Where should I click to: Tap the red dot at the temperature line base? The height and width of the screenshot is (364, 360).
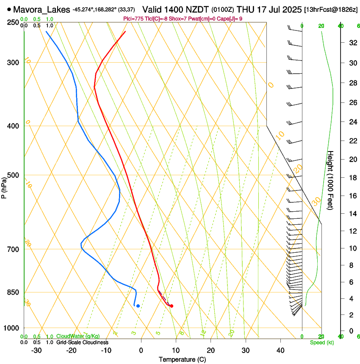[171, 306]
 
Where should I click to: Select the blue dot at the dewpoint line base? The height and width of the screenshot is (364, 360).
[138, 306]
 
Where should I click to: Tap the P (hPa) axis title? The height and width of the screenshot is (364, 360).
[4, 187]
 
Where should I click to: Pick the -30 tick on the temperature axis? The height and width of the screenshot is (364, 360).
[36, 350]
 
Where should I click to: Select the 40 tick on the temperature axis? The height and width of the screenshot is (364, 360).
[280, 350]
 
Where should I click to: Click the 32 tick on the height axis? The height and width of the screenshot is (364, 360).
[352, 43]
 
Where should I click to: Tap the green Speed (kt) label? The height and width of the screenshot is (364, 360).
[321, 342]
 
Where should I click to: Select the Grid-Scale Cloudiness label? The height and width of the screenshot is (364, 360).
[82, 342]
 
